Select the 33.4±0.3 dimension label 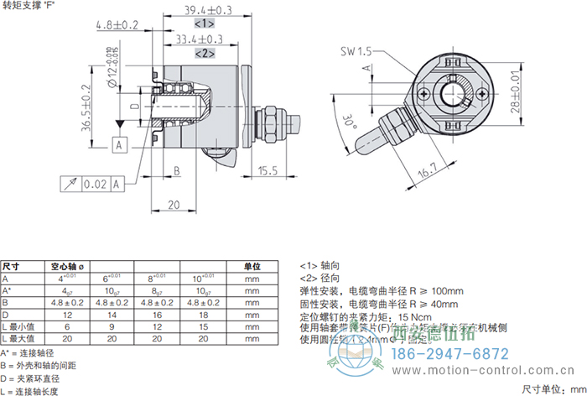coord(199,39)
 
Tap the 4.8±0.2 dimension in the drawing coord(117,26)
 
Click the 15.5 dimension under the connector coord(268,170)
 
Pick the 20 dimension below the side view coord(174,205)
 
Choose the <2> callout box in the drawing coord(204,53)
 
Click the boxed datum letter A coord(120,145)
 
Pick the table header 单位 coord(252,266)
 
